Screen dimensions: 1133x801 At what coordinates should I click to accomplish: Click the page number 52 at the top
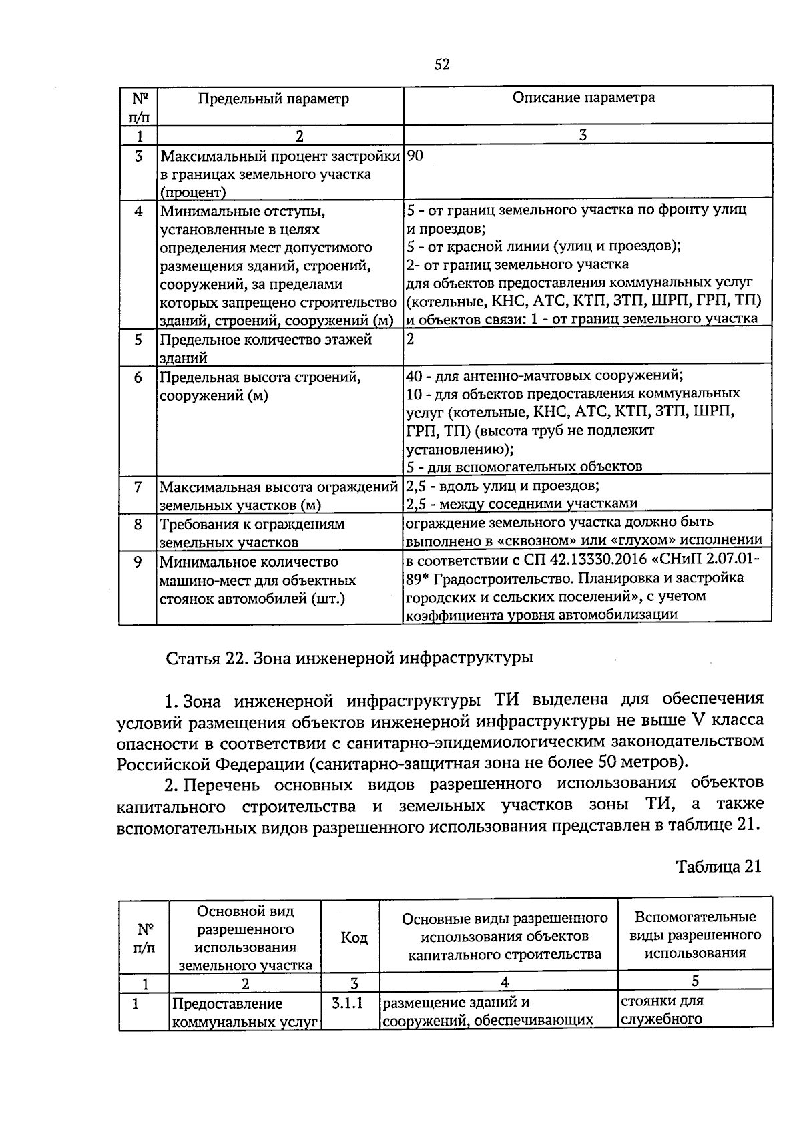click(442, 64)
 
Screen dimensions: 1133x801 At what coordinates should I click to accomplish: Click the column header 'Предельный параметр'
click(273, 99)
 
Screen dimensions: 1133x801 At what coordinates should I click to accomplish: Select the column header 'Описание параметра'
click(583, 98)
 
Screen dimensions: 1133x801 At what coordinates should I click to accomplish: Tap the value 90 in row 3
click(415, 156)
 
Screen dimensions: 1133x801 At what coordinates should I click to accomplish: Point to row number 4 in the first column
click(138, 212)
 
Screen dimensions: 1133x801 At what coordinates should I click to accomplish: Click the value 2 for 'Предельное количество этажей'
click(411, 338)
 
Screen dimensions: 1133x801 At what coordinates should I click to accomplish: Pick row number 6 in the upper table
click(138, 377)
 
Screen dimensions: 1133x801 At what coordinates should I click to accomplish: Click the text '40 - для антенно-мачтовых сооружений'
click(544, 375)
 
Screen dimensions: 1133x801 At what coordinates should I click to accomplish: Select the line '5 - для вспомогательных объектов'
click(524, 466)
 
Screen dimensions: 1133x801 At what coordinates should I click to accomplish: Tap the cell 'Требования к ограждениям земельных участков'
click(252, 533)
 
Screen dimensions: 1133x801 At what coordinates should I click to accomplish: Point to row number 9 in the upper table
click(138, 562)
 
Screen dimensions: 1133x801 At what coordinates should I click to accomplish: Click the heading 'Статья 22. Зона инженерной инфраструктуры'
click(349, 658)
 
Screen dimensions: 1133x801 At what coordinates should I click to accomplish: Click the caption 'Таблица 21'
click(718, 867)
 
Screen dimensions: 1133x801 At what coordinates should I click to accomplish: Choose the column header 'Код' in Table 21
click(354, 938)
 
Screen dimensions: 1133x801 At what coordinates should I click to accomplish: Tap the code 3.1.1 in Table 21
click(347, 1003)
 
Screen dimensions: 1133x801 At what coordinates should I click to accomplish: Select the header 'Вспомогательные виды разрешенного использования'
click(695, 935)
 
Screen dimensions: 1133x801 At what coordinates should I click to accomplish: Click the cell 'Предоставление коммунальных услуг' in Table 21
click(244, 1012)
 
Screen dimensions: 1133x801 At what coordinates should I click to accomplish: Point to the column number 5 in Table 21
click(695, 981)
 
